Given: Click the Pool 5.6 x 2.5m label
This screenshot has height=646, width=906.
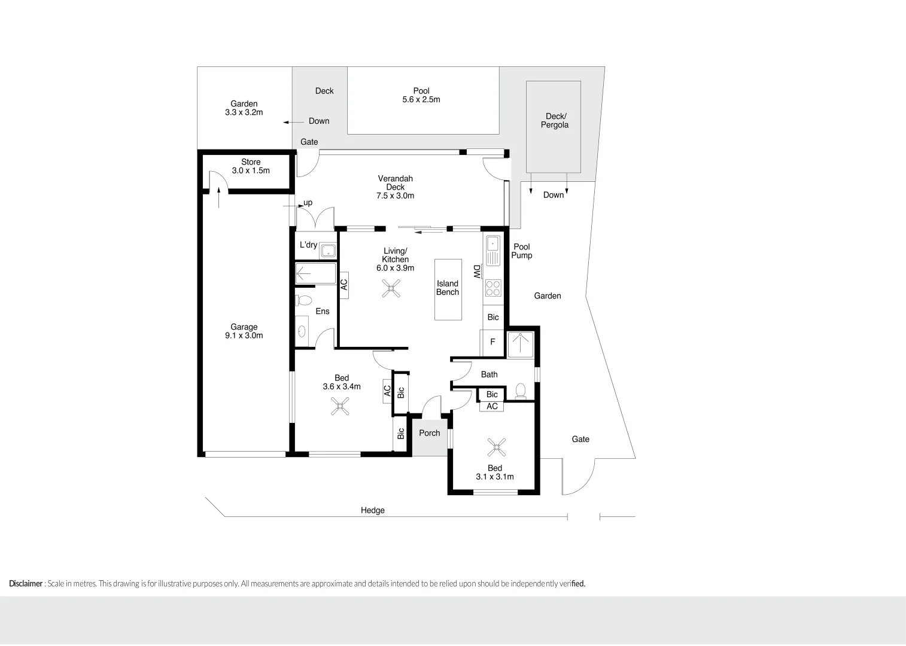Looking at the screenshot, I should [421, 96].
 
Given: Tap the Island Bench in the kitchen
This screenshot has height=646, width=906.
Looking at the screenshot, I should [448, 289].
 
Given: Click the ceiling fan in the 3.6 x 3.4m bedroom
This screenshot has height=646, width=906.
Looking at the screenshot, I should [340, 407].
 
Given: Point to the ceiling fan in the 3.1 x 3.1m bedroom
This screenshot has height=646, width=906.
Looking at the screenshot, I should [496, 447].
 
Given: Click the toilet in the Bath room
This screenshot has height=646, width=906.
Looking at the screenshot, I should [521, 391].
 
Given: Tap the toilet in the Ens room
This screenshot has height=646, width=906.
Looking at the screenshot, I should [305, 300].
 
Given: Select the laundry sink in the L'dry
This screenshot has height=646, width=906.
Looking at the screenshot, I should [327, 251].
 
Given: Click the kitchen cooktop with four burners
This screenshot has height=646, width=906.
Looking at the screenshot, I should [493, 288].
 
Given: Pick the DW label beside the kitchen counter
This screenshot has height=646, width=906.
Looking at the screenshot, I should [477, 272].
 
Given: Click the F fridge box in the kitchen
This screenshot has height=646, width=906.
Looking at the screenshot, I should [492, 342].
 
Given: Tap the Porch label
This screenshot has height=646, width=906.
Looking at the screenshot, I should [429, 433].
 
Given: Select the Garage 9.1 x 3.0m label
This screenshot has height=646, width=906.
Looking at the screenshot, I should [244, 331].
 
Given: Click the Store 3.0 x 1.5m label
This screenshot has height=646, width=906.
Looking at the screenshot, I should [251, 166].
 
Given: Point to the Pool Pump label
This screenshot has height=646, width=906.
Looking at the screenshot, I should [521, 251].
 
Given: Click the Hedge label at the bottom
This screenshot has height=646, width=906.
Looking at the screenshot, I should [372, 510].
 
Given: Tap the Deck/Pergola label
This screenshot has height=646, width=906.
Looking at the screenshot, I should [555, 121].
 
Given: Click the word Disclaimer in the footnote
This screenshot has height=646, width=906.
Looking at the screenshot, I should [26, 584].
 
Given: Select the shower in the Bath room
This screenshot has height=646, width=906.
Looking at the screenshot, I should [520, 345].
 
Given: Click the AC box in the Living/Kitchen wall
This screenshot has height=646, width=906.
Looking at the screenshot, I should [344, 285].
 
